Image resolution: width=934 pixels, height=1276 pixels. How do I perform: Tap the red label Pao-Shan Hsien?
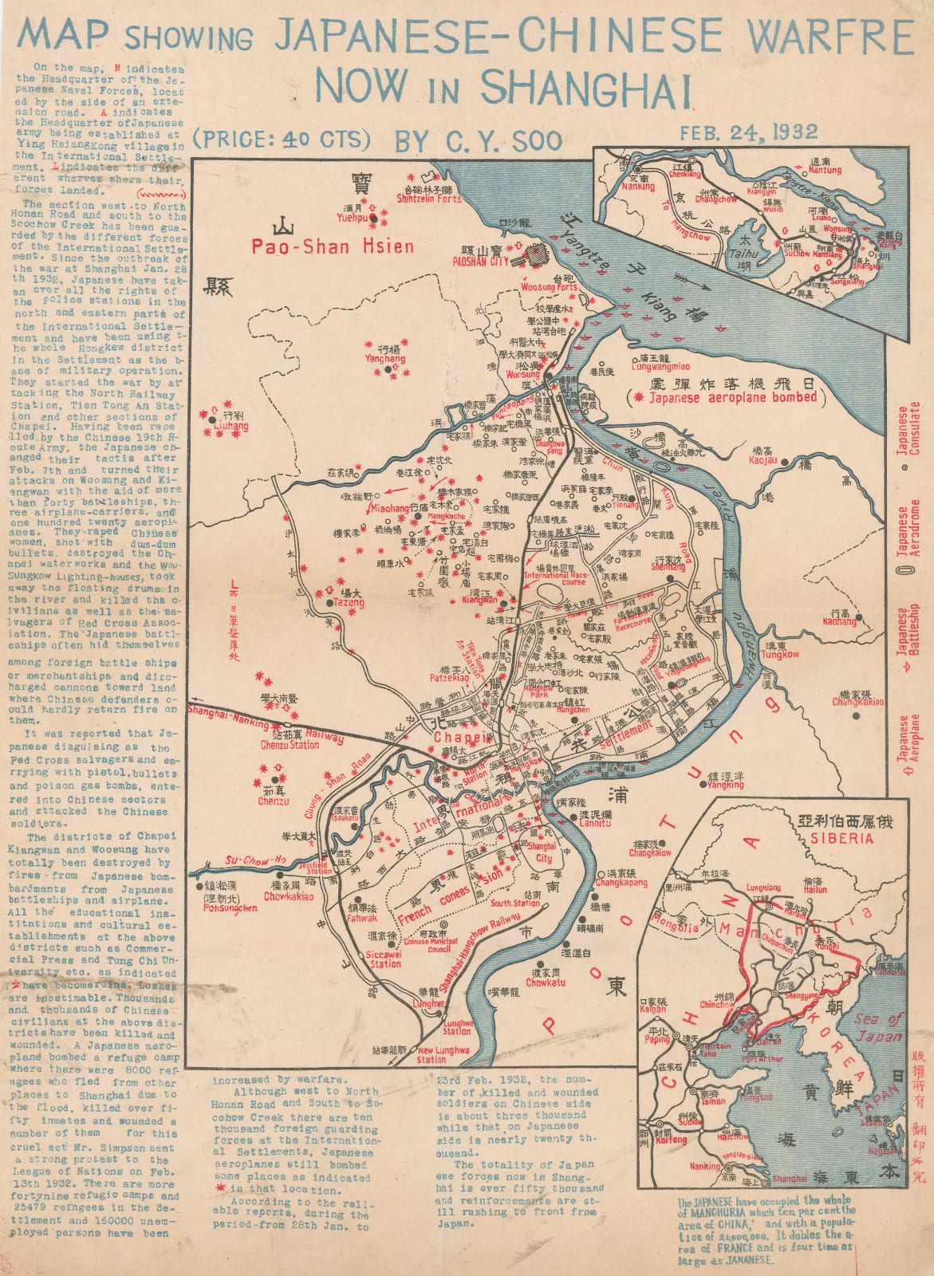pos(333,246)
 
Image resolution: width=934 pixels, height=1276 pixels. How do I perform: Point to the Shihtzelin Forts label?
pos(429,199)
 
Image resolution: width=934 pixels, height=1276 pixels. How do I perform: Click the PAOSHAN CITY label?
pos(480,261)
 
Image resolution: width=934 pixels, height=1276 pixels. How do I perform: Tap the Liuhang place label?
pos(232,427)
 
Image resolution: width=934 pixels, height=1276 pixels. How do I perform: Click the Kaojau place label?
pos(763,460)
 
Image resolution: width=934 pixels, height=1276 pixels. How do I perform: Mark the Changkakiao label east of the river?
pos(858,702)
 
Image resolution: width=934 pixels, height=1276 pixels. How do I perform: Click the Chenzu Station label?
pos(290,745)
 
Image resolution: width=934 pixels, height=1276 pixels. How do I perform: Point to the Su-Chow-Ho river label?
pos(254,860)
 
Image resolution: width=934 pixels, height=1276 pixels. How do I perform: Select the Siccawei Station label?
pos(385,959)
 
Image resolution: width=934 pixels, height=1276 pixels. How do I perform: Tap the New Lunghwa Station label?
pos(443,1055)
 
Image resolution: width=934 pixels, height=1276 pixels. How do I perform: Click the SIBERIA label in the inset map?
pos(837,838)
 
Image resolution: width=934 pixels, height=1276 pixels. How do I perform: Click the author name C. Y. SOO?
pos(479,141)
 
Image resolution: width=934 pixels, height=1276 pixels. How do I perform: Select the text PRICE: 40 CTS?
pos(284,139)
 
